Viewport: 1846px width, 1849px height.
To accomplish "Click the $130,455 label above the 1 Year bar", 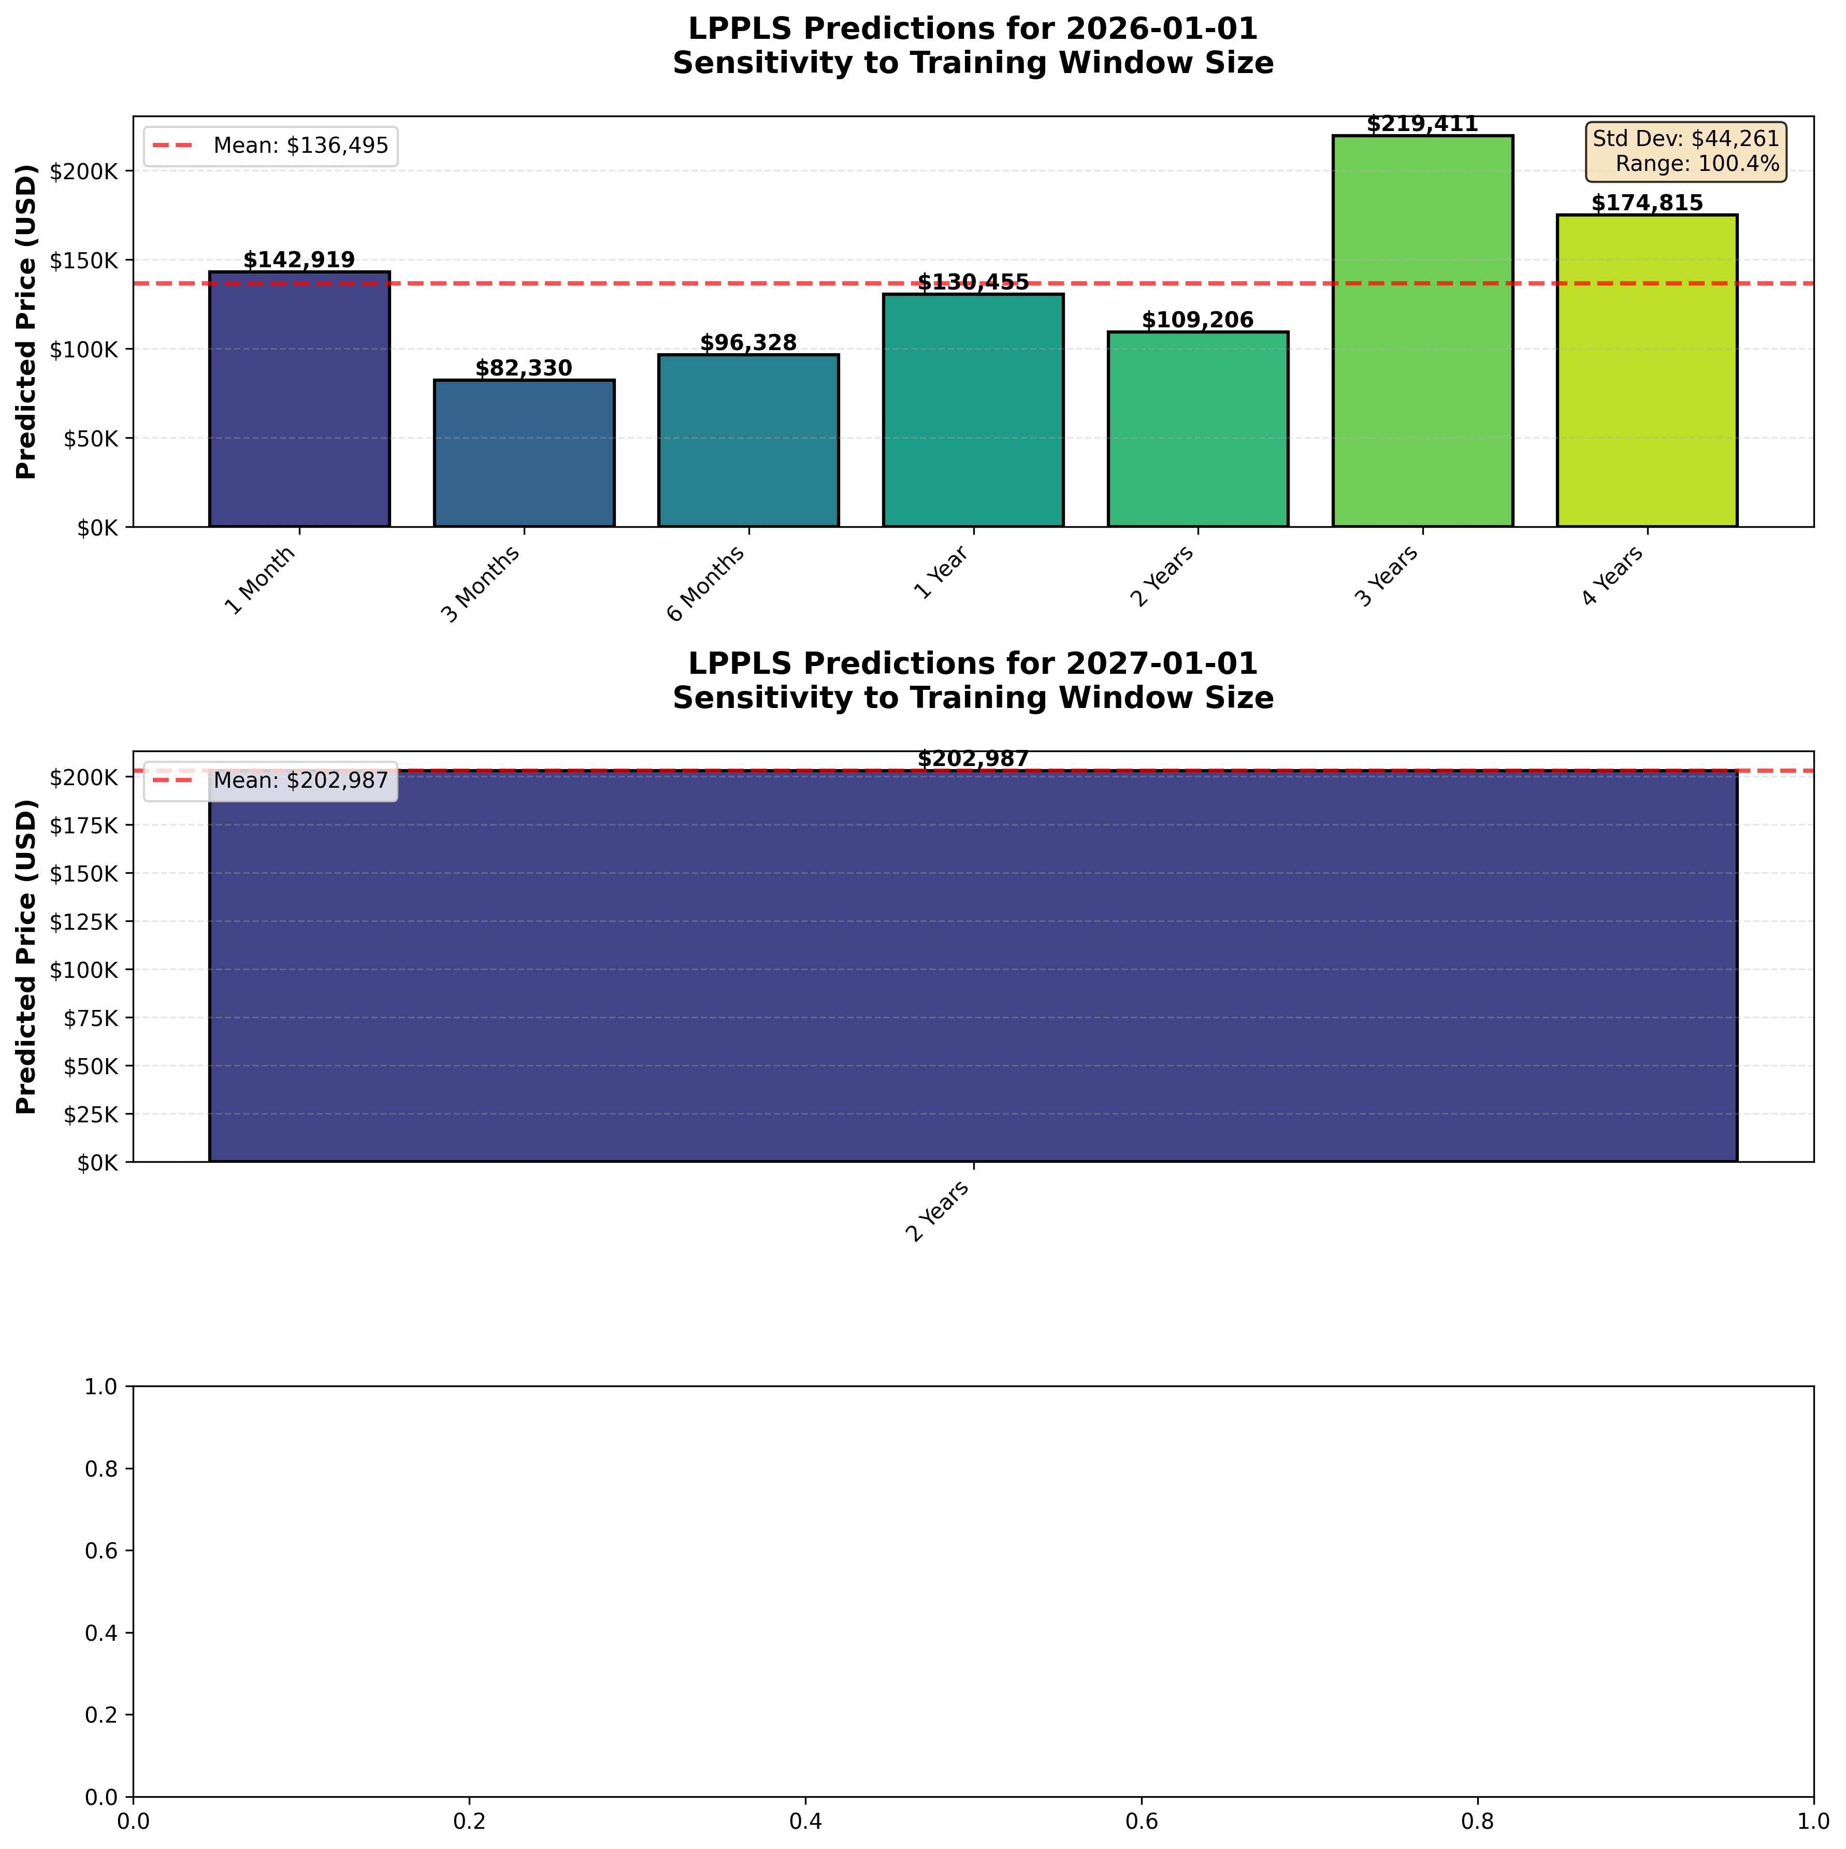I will (973, 282).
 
